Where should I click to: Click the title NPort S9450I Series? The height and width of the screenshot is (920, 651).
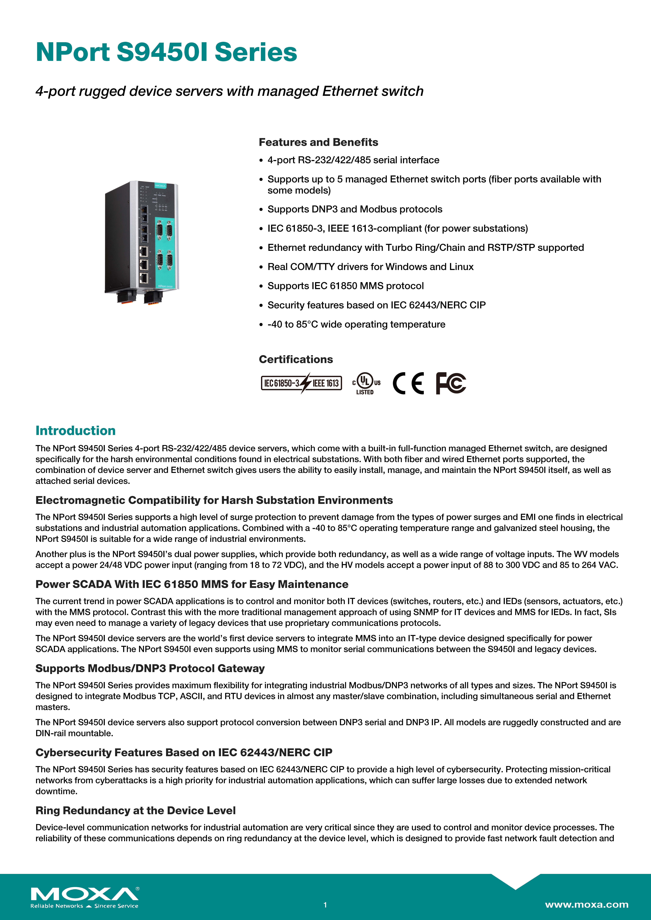point(166,53)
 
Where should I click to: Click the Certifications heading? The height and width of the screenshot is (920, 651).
point(296,359)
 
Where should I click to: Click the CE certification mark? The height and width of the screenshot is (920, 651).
point(408,383)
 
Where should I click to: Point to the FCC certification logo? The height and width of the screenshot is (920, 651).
point(451,383)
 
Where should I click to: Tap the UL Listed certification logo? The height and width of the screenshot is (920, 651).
point(366,383)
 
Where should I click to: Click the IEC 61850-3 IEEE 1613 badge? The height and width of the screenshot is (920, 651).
point(301,383)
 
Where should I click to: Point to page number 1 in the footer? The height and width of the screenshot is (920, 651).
point(325,905)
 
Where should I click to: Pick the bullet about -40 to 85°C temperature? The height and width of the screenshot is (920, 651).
point(356,325)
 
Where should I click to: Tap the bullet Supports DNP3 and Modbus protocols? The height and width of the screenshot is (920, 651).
point(355,209)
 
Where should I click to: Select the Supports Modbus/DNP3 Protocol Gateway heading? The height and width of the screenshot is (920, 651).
point(150,668)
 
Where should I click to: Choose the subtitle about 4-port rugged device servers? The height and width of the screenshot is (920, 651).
point(229,91)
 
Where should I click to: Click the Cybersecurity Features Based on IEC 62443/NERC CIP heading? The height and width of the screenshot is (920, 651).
point(184,752)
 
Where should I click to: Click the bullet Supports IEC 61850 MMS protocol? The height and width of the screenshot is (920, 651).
point(345,286)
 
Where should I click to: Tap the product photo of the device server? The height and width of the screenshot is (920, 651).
point(142,242)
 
